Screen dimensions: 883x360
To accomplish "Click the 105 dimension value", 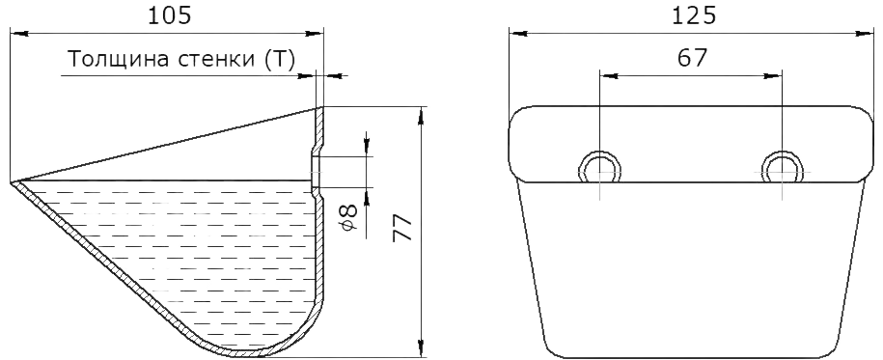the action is tap(170, 15).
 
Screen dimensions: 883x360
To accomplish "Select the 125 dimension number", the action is tap(695, 15).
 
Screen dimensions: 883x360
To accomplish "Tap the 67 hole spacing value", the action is tap(692, 58).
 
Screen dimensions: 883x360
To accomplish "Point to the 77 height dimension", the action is tap(403, 228).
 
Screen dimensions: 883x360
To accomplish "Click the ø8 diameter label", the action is tap(348, 217).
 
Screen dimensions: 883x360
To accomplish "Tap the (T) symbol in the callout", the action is tap(279, 59).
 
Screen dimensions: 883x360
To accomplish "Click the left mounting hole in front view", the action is tap(600, 168).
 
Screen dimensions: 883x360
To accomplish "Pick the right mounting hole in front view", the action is tap(783, 168).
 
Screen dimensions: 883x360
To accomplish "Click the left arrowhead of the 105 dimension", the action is tap(18, 34).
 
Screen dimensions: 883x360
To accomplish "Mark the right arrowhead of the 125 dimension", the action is tap(865, 34).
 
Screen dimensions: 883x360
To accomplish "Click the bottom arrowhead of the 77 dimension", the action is tap(421, 348).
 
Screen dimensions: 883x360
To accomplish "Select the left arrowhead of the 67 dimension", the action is tap(608, 75).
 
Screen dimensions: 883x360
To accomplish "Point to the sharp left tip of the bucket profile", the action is tap(12, 182).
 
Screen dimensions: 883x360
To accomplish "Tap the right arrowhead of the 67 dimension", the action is tap(774, 75).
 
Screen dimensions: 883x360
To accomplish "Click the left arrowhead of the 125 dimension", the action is tap(517, 34).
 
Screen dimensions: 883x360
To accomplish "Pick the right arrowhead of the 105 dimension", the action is tap(316, 34).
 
